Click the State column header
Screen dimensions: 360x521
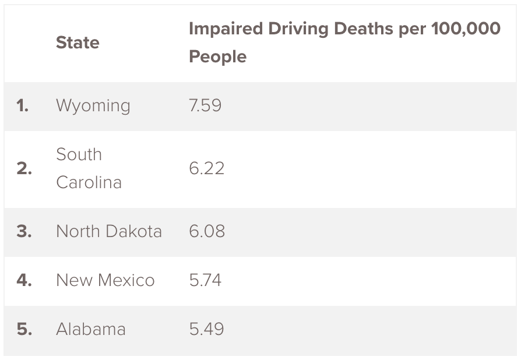tap(78, 43)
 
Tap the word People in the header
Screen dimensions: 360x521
tap(217, 57)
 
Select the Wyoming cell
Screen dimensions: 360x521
tap(93, 106)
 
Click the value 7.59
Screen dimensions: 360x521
tap(205, 105)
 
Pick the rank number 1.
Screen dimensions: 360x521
tap(22, 106)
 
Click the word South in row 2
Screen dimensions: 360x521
tap(79, 154)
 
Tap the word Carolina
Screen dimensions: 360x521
tap(89, 182)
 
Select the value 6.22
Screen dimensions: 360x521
tap(206, 168)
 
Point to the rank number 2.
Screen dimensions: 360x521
tap(24, 169)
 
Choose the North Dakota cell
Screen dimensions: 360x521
tap(108, 231)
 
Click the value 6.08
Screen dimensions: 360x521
tap(207, 231)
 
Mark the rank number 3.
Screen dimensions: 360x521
tap(24, 232)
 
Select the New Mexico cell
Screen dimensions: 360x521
tap(105, 280)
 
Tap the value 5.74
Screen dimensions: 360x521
tap(205, 280)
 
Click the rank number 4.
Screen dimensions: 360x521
tap(24, 281)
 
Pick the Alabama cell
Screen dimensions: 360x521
tap(90, 329)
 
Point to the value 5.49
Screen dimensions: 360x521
tap(206, 329)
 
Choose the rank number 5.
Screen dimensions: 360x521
tap(24, 330)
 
